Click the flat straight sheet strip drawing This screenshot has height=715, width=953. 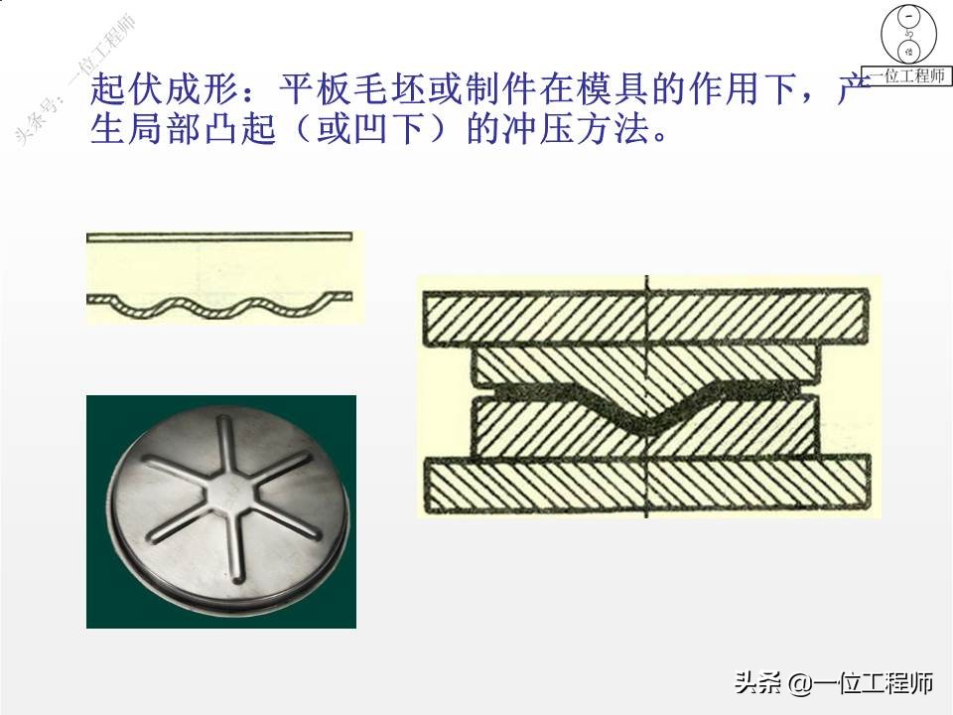(x=219, y=237)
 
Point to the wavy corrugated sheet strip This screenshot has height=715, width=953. (x=219, y=304)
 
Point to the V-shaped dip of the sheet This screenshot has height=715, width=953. (x=645, y=425)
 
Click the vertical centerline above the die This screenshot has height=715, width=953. (x=646, y=285)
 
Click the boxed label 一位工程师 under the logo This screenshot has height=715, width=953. (x=908, y=76)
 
